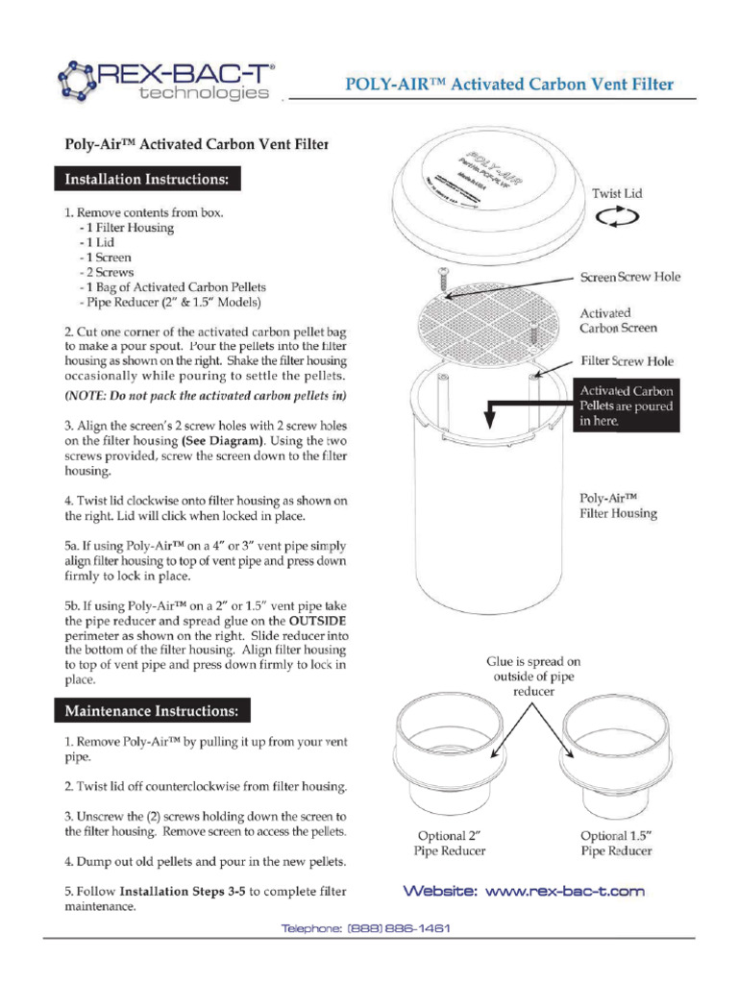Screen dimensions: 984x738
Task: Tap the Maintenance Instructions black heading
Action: point(157,711)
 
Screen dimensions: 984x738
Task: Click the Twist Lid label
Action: point(617,193)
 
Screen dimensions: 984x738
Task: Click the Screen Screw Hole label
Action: point(629,277)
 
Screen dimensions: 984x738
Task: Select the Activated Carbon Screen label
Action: point(618,320)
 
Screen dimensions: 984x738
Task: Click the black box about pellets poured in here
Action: point(626,406)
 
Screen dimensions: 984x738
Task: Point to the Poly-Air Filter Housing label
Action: point(618,505)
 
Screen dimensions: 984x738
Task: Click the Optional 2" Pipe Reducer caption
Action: point(449,843)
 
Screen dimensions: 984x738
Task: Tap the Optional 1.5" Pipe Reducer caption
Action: point(616,843)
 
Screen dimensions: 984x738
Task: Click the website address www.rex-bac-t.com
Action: point(523,891)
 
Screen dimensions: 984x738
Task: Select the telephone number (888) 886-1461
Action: point(365,928)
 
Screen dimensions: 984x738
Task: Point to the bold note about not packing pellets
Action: point(206,396)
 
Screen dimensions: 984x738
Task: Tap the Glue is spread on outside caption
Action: point(532,676)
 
